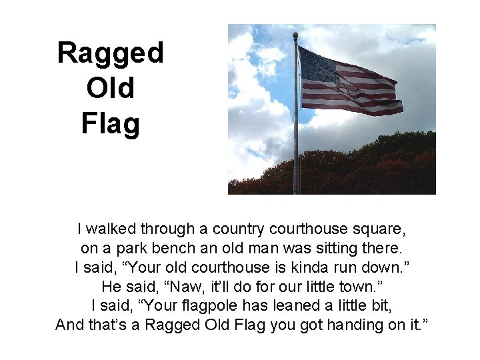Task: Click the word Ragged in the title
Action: [x=110, y=53]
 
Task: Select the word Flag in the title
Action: [x=110, y=123]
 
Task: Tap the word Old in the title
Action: [x=110, y=87]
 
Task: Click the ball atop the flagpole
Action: [x=295, y=35]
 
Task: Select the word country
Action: [x=239, y=229]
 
